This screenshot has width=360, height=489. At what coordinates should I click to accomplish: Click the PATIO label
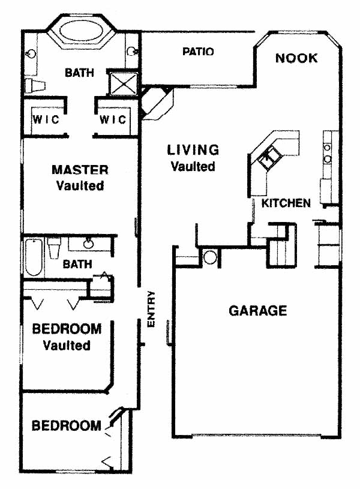pos(198,52)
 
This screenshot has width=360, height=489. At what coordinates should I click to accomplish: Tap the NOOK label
pos(296,58)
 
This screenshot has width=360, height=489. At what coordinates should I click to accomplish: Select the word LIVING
pos(193,150)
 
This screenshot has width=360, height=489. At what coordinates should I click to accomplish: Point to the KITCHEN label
pos(286,203)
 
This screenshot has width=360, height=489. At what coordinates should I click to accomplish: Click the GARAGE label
pos(257,311)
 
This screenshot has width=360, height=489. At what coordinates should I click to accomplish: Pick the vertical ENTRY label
pos(151,310)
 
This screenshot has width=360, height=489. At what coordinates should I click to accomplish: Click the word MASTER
pos(80,170)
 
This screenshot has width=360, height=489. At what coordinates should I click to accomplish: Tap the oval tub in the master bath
pos(82,31)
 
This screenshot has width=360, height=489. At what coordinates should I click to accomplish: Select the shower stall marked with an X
pos(124,83)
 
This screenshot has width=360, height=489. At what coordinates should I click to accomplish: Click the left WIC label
pos(46,119)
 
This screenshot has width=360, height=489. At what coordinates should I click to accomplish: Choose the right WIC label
pos(113,119)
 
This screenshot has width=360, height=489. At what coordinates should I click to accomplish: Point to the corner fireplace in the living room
pos(156,103)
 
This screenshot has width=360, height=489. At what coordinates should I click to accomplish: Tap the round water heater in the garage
pos(210,257)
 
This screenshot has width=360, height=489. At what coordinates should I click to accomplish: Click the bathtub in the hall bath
pos(34,257)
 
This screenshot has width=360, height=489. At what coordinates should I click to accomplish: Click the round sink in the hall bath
pos(88,243)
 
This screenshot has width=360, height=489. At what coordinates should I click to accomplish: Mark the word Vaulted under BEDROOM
pos(67,346)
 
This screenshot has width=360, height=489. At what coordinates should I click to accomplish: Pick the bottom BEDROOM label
pos(67,425)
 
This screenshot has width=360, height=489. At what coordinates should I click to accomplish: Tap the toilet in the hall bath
pos(54,247)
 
